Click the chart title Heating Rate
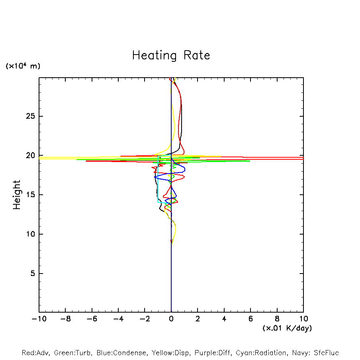pos(171,55)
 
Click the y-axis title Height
pos(17,195)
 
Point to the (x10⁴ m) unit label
pos(23,66)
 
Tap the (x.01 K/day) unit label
pos(287,328)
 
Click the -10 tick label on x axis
pos(39,319)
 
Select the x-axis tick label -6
pos(92,319)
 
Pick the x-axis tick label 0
pos(171,319)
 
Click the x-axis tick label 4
pos(224,319)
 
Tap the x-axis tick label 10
pos(303,319)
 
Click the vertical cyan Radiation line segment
pos(158,179)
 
